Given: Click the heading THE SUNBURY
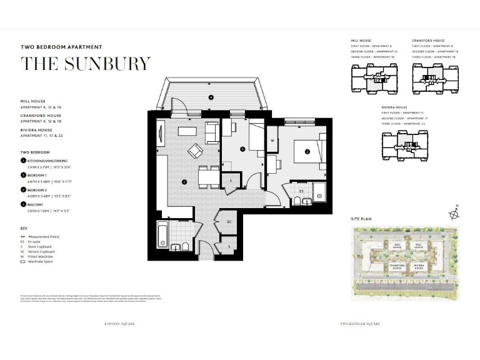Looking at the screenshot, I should (x=86, y=64).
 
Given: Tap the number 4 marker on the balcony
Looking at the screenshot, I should (x=211, y=97).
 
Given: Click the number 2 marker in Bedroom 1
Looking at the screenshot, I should (x=307, y=151).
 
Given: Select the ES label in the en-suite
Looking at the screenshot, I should (x=301, y=191).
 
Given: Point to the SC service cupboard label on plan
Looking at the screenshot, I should (x=229, y=222).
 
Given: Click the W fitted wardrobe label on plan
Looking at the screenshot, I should (x=273, y=141).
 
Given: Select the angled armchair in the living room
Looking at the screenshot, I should (x=196, y=151).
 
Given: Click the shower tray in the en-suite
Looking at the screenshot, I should (x=319, y=196).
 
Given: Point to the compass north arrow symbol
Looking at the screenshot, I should (x=454, y=214).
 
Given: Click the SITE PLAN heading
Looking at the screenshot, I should (x=362, y=219).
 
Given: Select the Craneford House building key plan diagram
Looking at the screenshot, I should (x=435, y=79).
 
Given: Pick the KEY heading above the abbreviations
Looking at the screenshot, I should (x=24, y=229).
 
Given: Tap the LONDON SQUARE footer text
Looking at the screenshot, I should (x=119, y=324).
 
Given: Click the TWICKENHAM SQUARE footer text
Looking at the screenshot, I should (x=360, y=324).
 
